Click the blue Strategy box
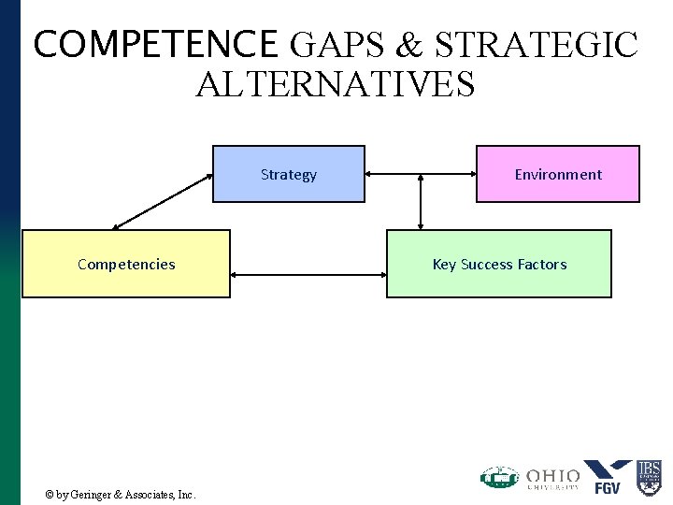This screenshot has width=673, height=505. point(288,174)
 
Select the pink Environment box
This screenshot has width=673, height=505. point(558,174)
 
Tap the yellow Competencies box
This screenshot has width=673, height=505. point(126,264)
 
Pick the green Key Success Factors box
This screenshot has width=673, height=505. point(499,264)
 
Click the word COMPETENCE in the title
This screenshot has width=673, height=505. point(154,44)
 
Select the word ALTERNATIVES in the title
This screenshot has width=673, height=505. point(336,84)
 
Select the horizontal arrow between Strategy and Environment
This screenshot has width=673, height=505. point(421,174)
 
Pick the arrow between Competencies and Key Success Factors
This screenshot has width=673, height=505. point(308,275)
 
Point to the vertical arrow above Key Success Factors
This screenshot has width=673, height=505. point(421,202)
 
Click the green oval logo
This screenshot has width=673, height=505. point(499,477)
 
